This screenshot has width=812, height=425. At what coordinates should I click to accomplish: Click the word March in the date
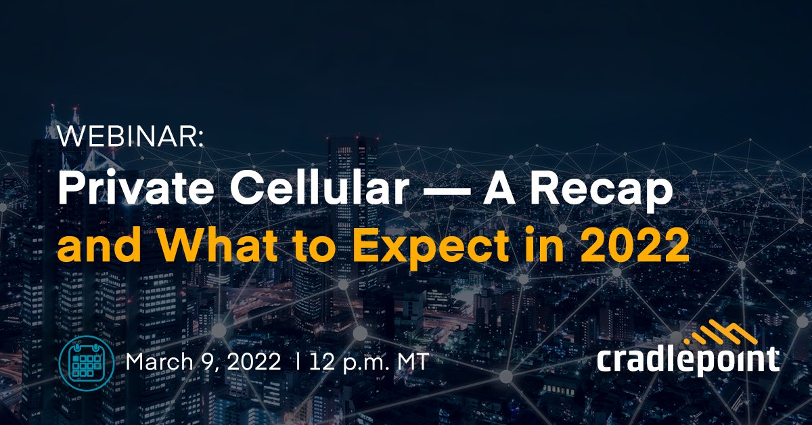(158, 362)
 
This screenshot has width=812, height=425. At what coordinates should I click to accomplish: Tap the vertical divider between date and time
(298, 362)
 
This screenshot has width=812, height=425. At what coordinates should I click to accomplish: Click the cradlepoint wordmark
(687, 359)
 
